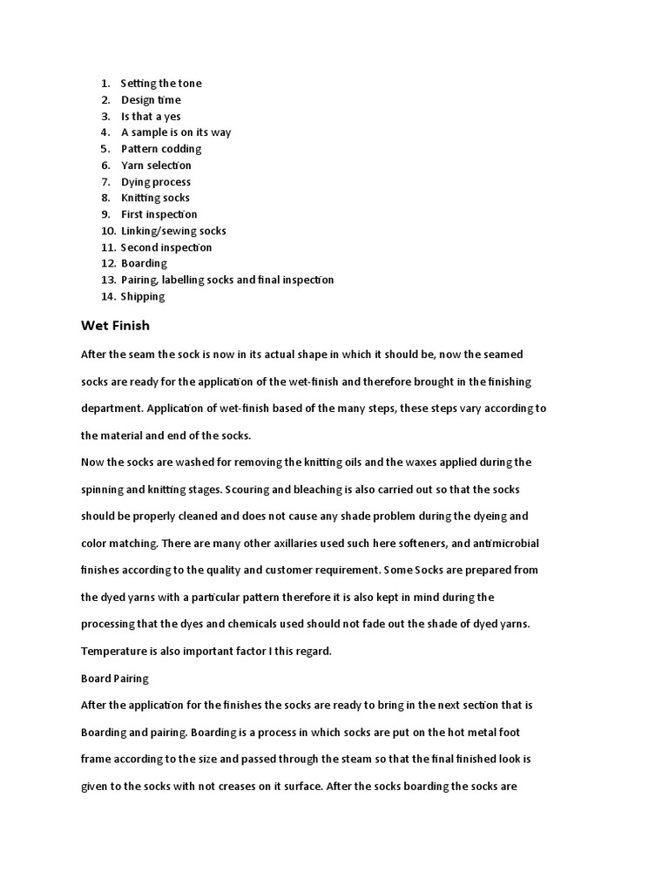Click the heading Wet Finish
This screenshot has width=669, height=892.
click(x=115, y=326)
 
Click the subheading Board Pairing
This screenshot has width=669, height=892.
click(x=114, y=678)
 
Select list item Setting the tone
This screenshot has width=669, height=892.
click(x=161, y=84)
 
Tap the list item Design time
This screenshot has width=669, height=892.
click(x=151, y=100)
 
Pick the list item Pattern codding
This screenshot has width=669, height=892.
click(x=161, y=149)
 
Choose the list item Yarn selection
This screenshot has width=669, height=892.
click(x=156, y=166)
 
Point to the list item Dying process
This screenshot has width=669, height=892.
click(x=156, y=182)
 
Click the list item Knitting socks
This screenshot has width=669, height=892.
click(x=155, y=198)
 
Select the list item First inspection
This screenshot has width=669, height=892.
click(x=159, y=214)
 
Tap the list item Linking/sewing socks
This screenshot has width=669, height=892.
click(x=173, y=231)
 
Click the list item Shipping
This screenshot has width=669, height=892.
click(x=143, y=296)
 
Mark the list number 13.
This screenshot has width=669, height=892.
click(x=108, y=280)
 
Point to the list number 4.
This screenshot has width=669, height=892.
click(x=105, y=132)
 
